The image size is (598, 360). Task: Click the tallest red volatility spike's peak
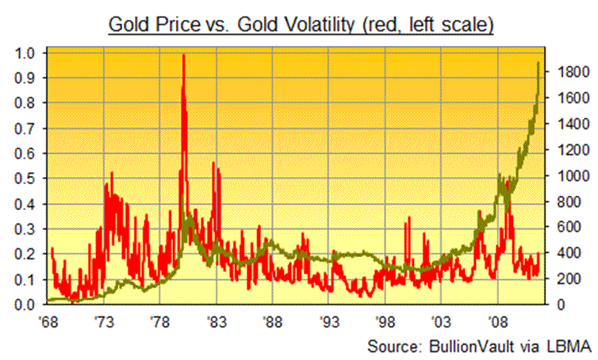point(184,56)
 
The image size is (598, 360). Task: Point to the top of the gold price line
point(539,63)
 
